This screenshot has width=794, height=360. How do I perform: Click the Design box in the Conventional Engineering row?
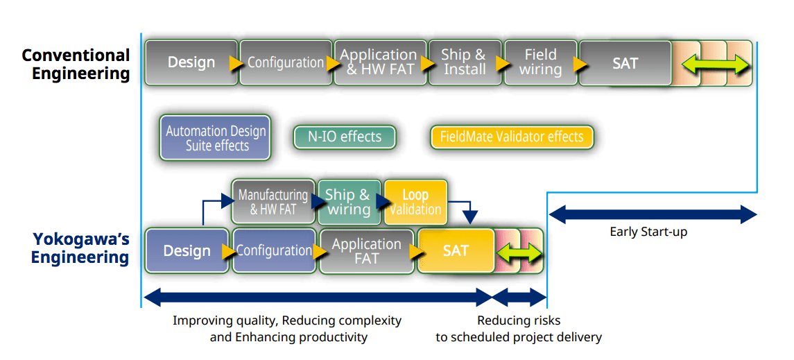tap(191, 62)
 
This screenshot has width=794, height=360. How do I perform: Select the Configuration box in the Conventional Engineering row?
tap(285, 62)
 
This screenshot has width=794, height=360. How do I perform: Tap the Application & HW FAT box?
tap(379, 62)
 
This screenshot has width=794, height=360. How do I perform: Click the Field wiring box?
tap(540, 62)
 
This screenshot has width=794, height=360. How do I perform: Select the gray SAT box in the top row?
tap(625, 63)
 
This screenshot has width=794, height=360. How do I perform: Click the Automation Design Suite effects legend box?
tap(216, 138)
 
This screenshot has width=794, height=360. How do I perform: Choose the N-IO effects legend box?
tap(345, 137)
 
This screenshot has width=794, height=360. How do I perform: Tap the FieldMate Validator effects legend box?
tap(512, 137)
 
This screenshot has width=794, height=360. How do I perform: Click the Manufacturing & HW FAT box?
tap(273, 202)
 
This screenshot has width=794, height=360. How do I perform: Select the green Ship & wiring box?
tap(349, 202)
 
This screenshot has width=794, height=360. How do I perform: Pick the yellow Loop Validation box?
tap(415, 202)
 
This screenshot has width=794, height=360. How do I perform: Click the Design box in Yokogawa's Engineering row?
tap(187, 250)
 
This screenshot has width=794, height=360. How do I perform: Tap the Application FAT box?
tap(367, 251)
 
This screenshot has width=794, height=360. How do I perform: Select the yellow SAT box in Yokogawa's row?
tap(456, 251)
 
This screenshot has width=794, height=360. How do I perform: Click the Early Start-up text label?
tap(648, 232)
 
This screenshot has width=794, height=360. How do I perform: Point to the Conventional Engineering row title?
tap(76, 65)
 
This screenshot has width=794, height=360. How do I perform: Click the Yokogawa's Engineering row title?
tap(80, 248)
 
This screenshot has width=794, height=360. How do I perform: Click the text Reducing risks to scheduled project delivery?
tap(519, 329)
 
